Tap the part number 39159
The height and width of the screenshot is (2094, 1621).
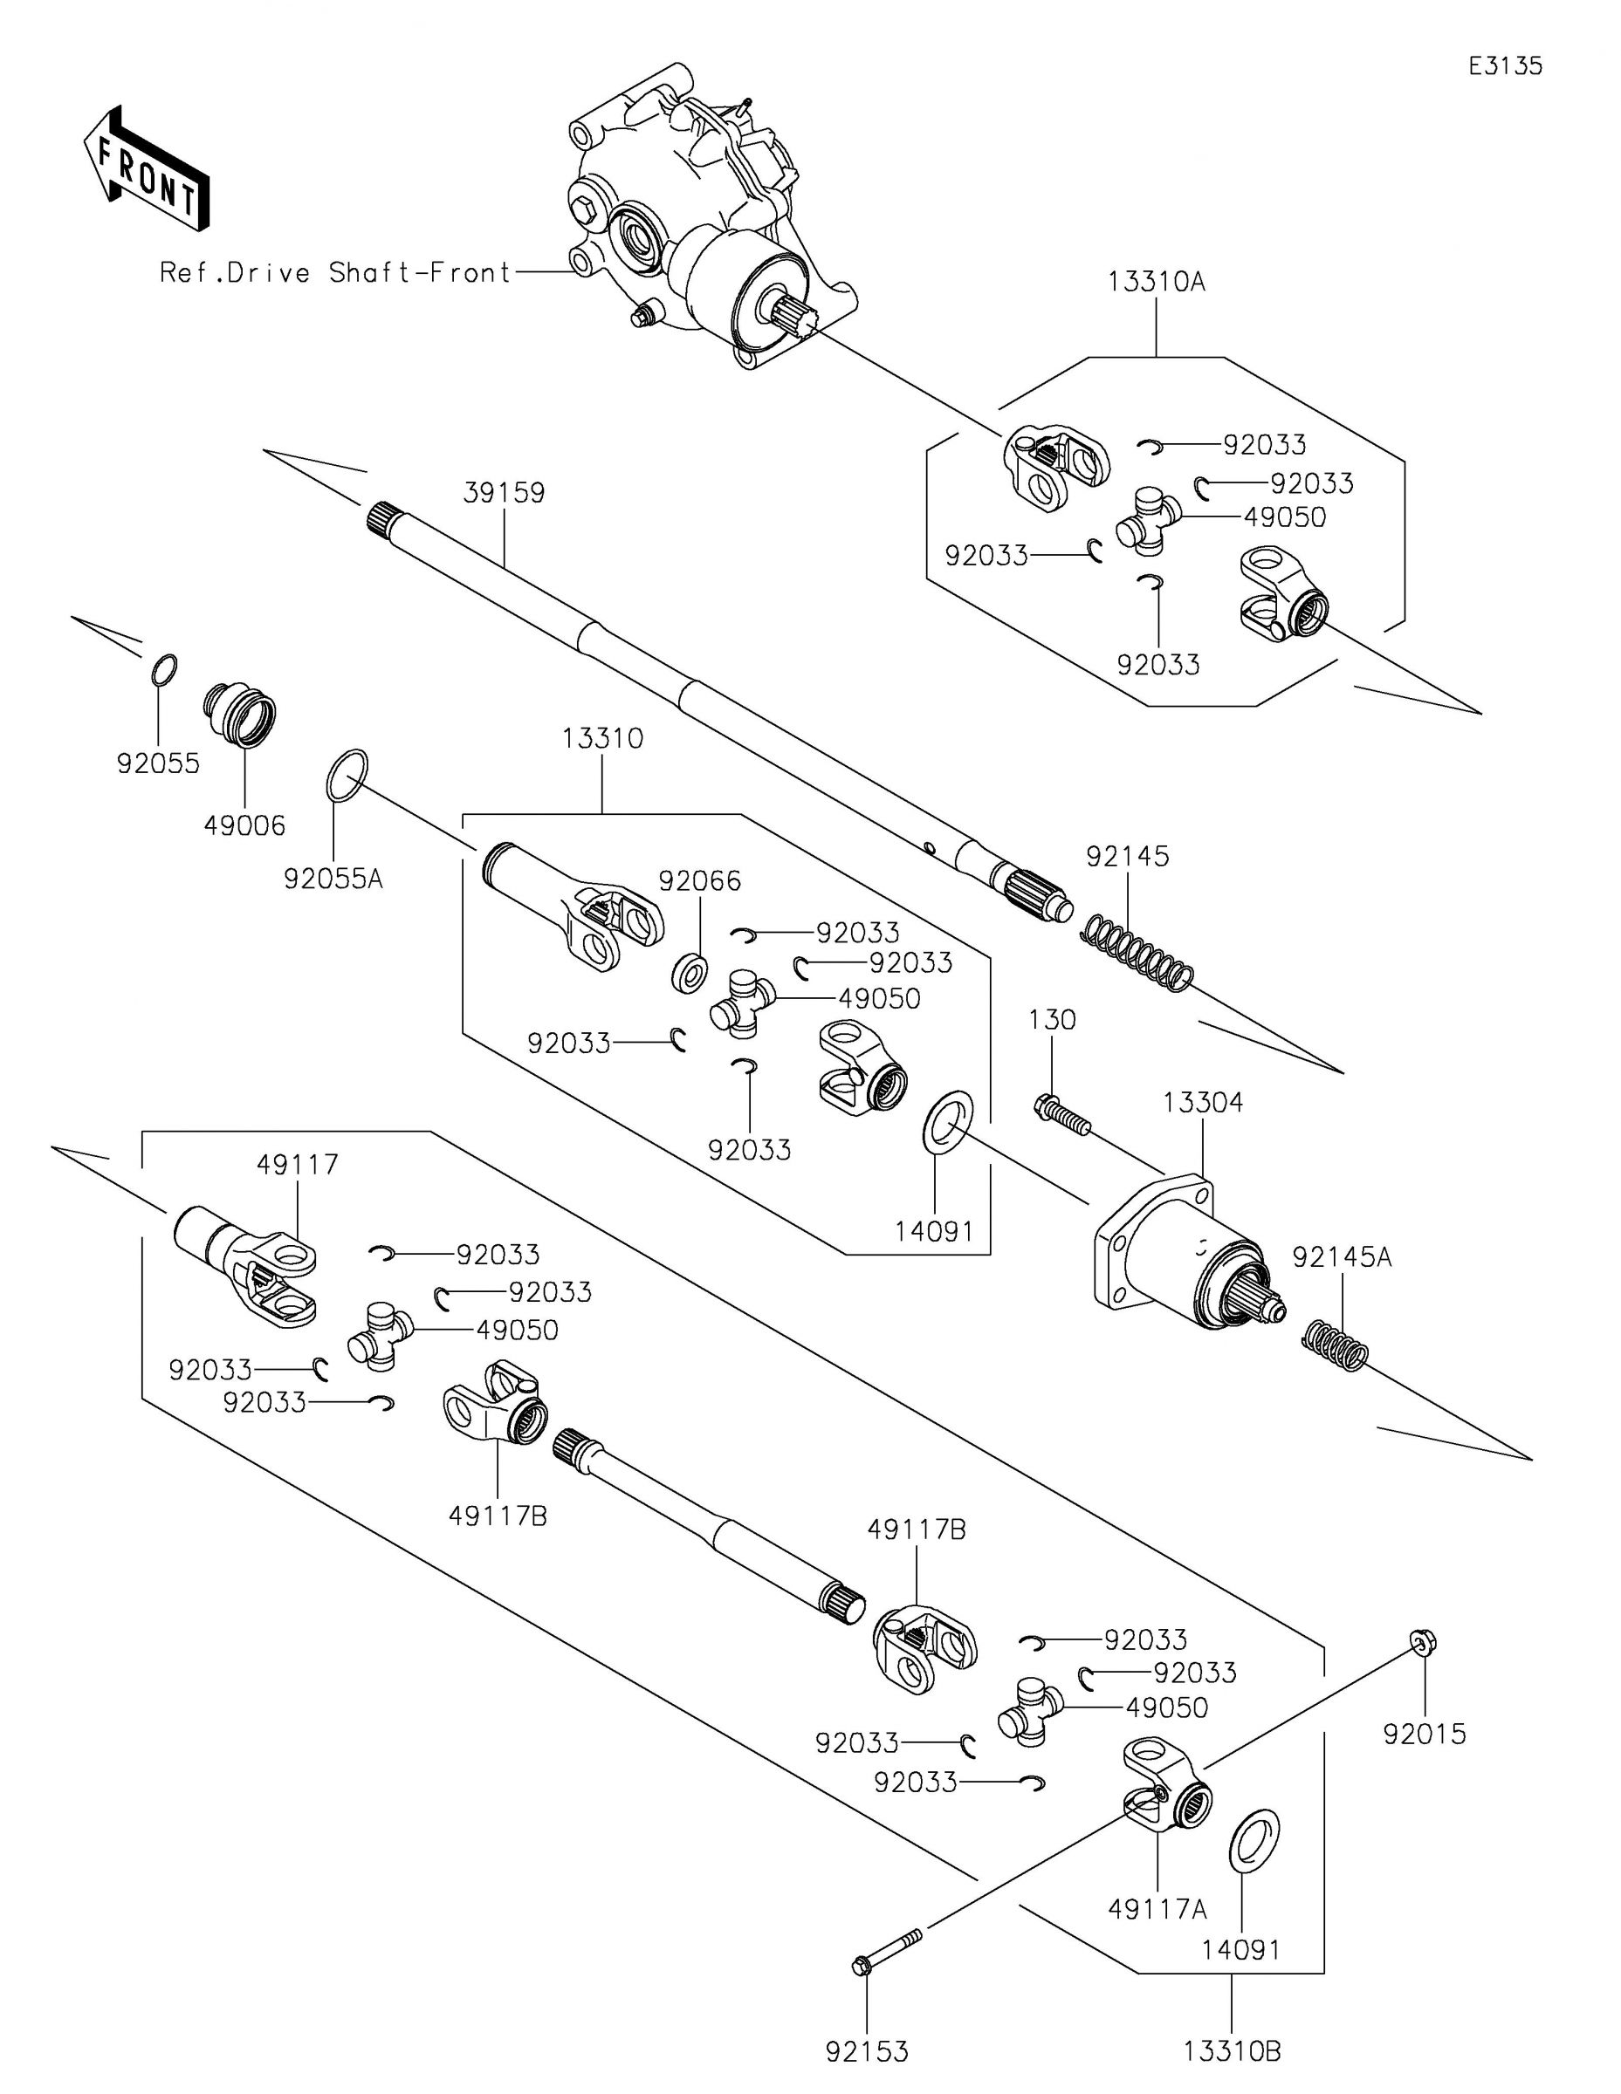[504, 493]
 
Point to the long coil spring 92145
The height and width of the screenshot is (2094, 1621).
[1137, 953]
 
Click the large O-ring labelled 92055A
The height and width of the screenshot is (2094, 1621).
[347, 775]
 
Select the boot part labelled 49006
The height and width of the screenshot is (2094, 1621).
[240, 715]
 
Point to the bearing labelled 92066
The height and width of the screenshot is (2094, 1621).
[689, 973]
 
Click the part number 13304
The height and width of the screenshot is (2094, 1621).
[1203, 1104]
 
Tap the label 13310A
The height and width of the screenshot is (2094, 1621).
[1156, 282]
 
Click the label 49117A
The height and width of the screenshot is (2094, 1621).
[1157, 1909]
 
